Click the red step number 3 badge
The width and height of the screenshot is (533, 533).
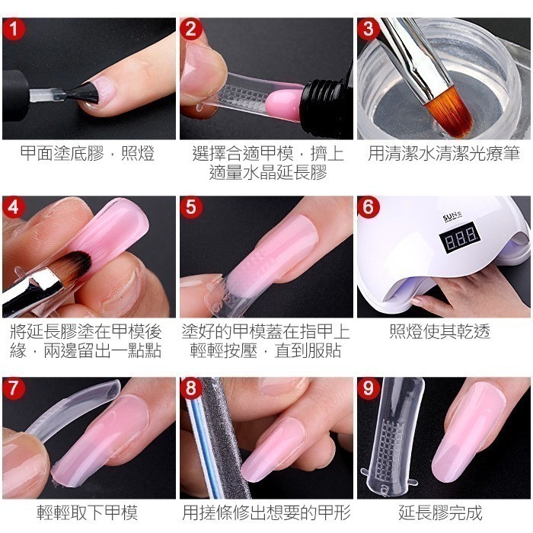tap(370, 31)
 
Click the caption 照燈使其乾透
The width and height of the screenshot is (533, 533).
tap(445, 332)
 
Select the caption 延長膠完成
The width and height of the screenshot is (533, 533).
tap(445, 512)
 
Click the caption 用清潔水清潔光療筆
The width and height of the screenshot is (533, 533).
tap(445, 155)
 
